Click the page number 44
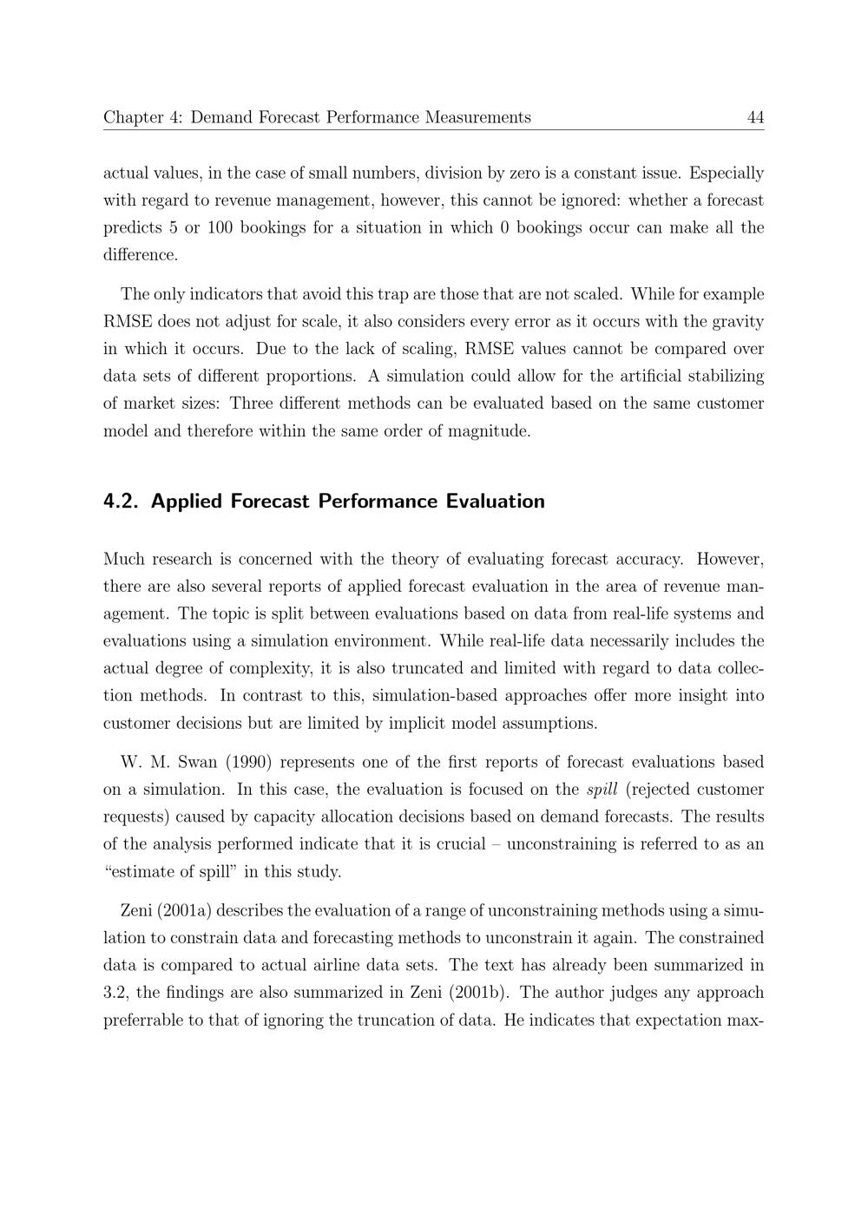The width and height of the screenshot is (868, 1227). point(755,117)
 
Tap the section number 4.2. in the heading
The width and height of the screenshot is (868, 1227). point(122,502)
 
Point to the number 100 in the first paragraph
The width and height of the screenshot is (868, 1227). point(220,228)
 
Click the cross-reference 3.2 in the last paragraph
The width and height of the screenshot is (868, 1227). point(115,993)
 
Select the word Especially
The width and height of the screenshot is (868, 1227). point(727,174)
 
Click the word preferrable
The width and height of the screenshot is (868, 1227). point(148,1020)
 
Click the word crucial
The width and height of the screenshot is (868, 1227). point(457,844)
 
